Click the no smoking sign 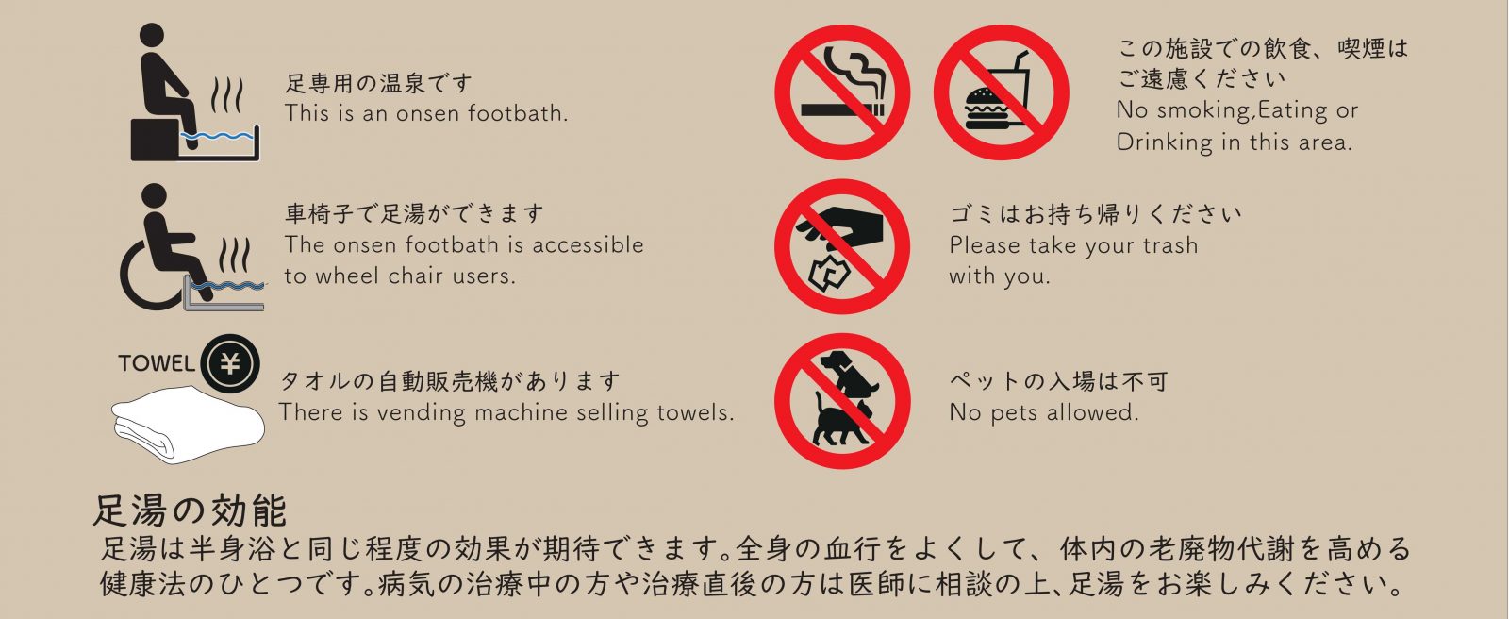(842, 92)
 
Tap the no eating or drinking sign (1001, 92)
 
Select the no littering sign (842, 246)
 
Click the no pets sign (842, 400)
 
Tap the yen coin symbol (230, 363)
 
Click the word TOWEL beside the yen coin (157, 363)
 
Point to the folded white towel (188, 425)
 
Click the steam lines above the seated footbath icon (226, 95)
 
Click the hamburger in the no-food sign (987, 109)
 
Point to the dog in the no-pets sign (850, 373)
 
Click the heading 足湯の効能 (190, 510)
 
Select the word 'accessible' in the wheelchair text (588, 244)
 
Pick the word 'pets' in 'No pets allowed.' (1015, 413)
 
